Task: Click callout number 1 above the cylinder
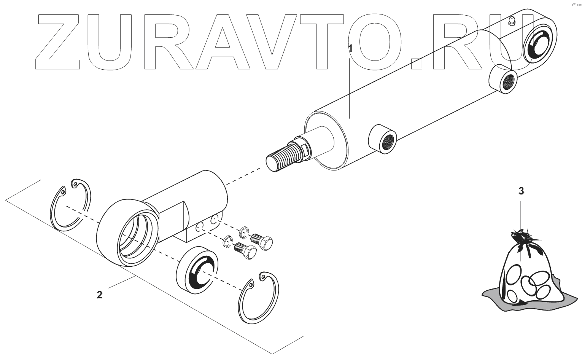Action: click(351, 48)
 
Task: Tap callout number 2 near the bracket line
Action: click(99, 295)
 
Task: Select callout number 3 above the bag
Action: click(521, 191)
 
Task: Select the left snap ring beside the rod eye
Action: click(71, 204)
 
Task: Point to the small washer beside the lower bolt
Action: click(227, 241)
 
